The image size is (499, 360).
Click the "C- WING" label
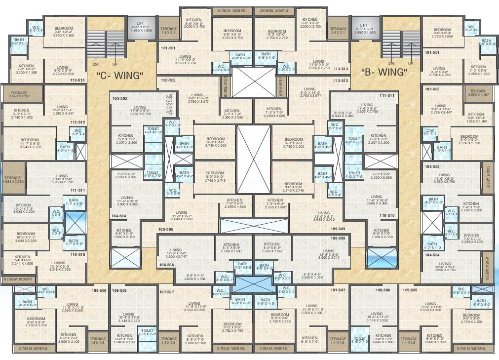119,76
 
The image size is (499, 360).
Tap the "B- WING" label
384,72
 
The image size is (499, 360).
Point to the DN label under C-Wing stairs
95,64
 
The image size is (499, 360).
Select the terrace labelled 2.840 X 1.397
20,93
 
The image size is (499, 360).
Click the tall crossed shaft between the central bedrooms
254,159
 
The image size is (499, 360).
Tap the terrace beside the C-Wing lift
169,31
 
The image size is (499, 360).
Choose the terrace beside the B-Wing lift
338,31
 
